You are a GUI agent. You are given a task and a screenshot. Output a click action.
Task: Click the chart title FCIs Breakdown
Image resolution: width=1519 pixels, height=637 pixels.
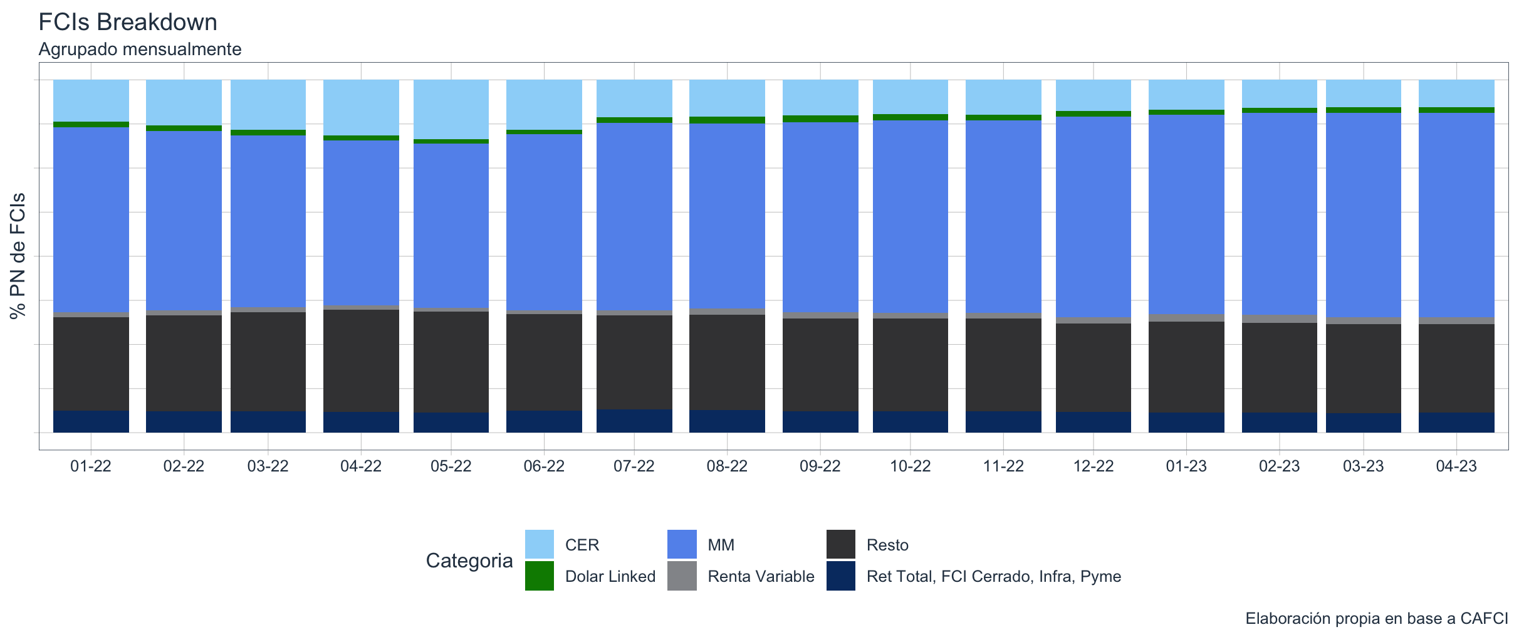click(x=128, y=23)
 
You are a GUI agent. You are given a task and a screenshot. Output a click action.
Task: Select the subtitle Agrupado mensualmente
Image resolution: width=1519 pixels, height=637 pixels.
click(x=140, y=49)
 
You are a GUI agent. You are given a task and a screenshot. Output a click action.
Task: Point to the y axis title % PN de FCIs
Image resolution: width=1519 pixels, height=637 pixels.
click(x=18, y=256)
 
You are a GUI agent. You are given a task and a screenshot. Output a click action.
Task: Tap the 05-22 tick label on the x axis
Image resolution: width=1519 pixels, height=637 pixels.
click(x=451, y=466)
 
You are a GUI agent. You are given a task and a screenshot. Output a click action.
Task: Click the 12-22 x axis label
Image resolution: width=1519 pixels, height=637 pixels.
click(x=1094, y=466)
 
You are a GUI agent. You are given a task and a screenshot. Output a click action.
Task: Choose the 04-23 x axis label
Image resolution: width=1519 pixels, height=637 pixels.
click(x=1456, y=466)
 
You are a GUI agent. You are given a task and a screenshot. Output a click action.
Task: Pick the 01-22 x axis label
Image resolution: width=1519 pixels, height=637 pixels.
click(x=91, y=466)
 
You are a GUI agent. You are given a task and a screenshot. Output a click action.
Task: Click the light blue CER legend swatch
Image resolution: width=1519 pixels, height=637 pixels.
click(x=539, y=544)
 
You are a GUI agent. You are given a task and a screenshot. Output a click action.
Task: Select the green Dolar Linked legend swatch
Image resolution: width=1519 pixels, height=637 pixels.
click(x=539, y=576)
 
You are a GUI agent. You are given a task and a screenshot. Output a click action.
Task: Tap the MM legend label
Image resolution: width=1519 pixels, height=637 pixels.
click(x=721, y=545)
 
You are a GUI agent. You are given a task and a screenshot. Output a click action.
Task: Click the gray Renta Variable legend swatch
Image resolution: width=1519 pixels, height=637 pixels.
click(x=682, y=576)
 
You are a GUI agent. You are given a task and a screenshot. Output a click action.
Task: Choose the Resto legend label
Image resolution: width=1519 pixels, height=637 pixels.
click(x=887, y=545)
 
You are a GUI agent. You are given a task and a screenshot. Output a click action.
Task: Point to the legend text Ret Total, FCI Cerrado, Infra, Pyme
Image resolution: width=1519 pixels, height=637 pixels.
click(x=993, y=576)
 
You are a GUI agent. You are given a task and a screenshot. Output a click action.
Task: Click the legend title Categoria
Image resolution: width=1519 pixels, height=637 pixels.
click(x=469, y=561)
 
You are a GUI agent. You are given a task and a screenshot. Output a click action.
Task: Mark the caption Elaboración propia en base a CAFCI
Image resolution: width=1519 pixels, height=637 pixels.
click(x=1376, y=619)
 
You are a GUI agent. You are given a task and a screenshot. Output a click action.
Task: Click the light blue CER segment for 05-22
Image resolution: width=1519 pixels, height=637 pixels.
click(x=451, y=109)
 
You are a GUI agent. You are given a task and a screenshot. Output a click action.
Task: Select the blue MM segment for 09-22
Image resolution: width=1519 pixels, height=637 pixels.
click(x=820, y=216)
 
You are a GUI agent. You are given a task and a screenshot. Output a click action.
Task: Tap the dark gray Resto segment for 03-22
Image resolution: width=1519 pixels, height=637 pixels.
click(x=268, y=361)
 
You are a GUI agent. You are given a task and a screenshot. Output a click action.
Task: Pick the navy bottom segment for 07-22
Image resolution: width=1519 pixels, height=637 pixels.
click(x=634, y=421)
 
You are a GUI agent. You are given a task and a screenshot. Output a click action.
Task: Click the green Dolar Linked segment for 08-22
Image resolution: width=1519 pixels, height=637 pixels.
click(x=727, y=120)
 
